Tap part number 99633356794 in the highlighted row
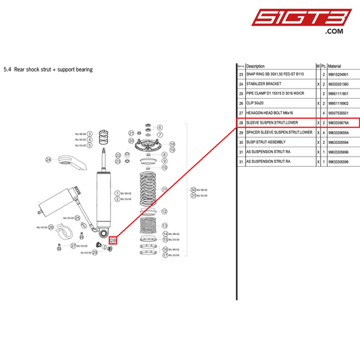pyautogui.click(x=341, y=123)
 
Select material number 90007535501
pyautogui.click(x=341, y=113)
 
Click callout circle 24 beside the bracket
pyautogui.click(x=49, y=160)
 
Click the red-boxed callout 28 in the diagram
pyautogui.click(x=113, y=240)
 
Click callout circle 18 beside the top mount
pyautogui.click(x=173, y=144)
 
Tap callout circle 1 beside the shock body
pyautogui.click(x=116, y=192)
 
